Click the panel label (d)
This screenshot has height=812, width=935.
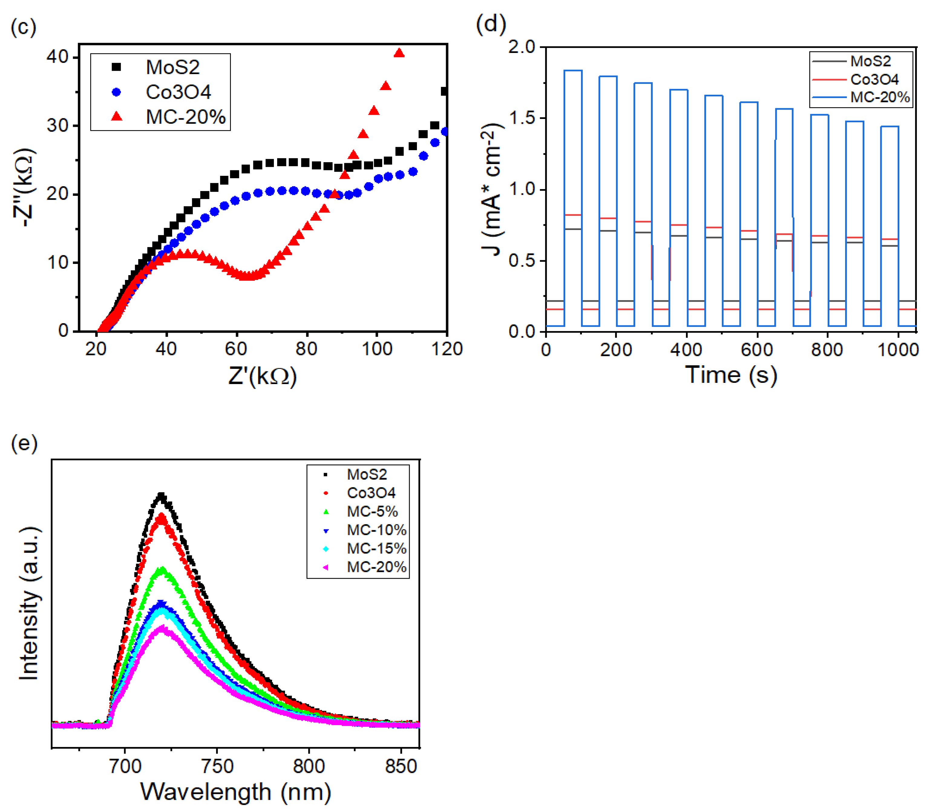[491, 24]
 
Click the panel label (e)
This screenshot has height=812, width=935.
[24, 443]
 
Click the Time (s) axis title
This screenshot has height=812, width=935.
[731, 375]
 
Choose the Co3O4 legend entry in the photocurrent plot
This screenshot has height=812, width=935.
[874, 79]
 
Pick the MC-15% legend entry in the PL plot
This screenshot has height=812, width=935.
[376, 548]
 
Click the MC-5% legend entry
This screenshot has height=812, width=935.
[372, 511]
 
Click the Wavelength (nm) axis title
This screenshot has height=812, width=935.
[235, 792]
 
